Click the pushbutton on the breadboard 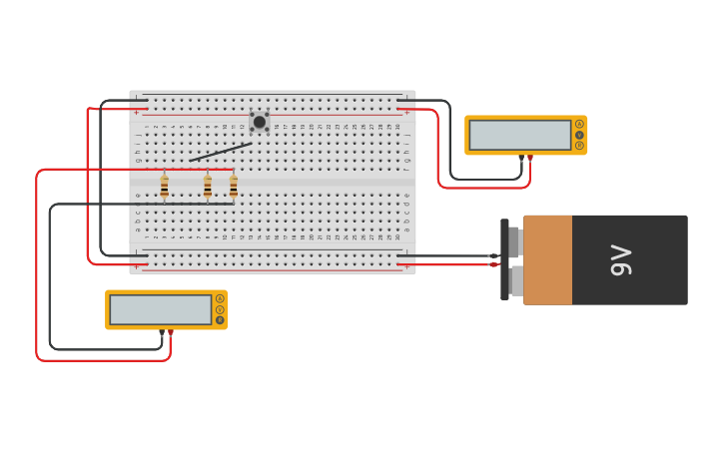pyautogui.click(x=260, y=122)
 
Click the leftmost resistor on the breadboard pyautogui.click(x=165, y=187)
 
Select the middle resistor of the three pyautogui.click(x=208, y=187)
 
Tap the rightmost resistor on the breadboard pyautogui.click(x=234, y=187)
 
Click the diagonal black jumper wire pyautogui.click(x=221, y=152)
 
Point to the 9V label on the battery pyautogui.click(x=620, y=260)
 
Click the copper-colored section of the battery pyautogui.click(x=547, y=260)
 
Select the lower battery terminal pyautogui.click(x=515, y=280)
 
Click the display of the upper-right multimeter pyautogui.click(x=519, y=135)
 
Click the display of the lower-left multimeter pyautogui.click(x=160, y=309)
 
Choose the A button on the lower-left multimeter pyautogui.click(x=220, y=298)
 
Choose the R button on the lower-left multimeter pyautogui.click(x=220, y=320)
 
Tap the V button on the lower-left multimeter pyautogui.click(x=220, y=309)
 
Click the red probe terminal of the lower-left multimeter pyautogui.click(x=171, y=332)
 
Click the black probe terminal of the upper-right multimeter pyautogui.click(x=521, y=158)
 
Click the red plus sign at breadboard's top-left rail pyautogui.click(x=137, y=113)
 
